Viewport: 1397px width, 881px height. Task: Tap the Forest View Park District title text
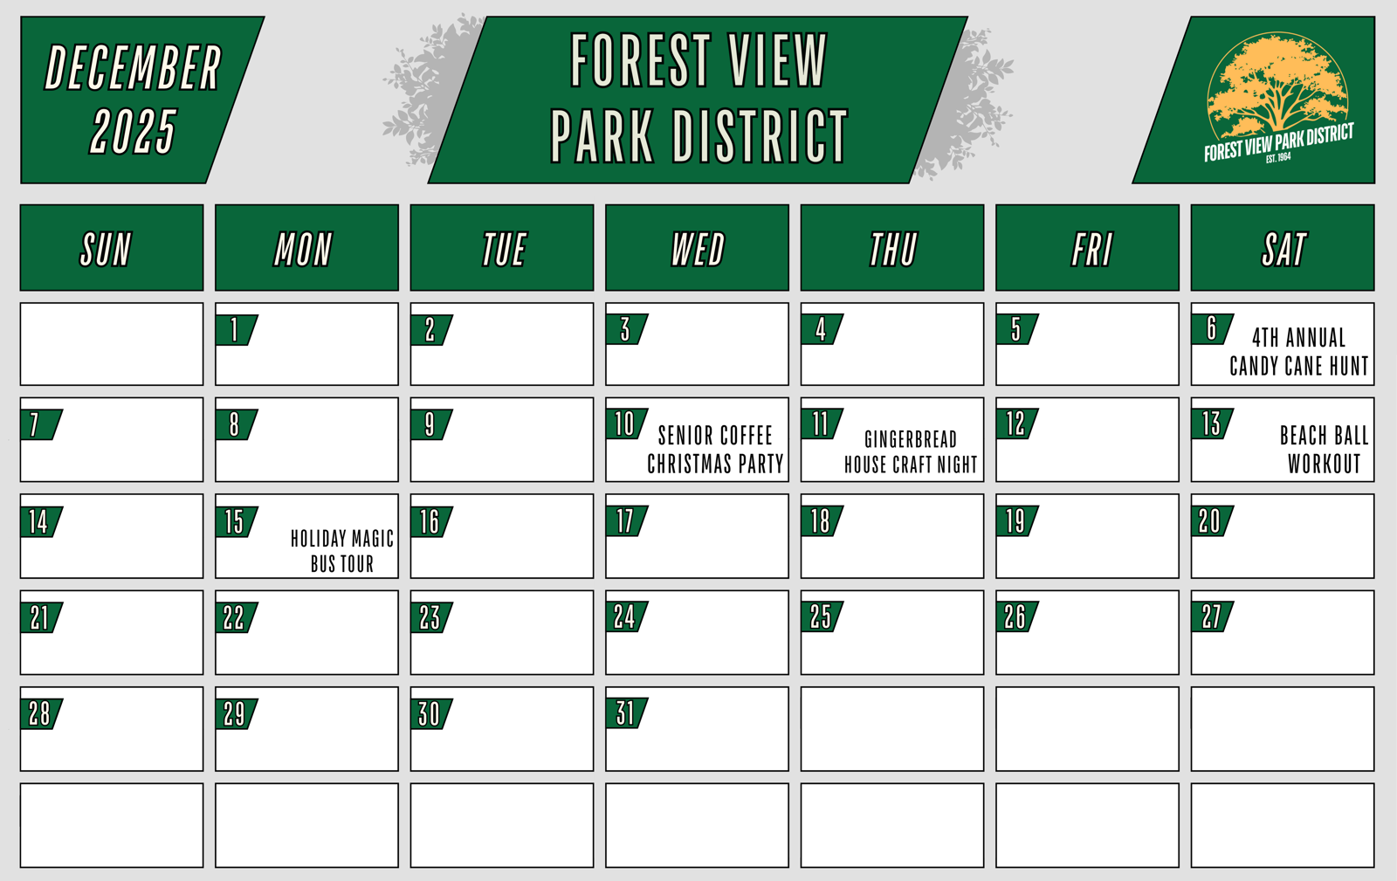tap(698, 98)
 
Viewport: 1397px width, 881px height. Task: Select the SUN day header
tap(112, 247)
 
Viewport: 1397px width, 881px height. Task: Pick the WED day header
tap(698, 247)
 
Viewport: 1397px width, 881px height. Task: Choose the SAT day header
tap(1283, 247)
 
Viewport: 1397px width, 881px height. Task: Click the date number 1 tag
tap(236, 330)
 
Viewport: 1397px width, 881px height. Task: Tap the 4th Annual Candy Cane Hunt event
tap(1299, 352)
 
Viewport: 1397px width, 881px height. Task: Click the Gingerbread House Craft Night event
tap(911, 452)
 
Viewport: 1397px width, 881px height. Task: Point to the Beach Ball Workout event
tap(1324, 450)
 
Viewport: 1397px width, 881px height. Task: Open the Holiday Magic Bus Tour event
tap(342, 551)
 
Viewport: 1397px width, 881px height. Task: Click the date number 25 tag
tap(822, 616)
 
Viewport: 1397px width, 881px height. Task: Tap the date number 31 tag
tap(626, 712)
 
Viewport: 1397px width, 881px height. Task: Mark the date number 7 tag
tap(40, 424)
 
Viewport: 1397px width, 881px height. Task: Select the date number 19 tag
tap(1016, 520)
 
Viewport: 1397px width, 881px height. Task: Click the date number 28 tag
tap(40, 713)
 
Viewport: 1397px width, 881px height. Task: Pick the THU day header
tap(892, 247)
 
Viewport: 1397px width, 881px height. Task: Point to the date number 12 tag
tap(1016, 424)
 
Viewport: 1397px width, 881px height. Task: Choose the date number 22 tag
tap(236, 617)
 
